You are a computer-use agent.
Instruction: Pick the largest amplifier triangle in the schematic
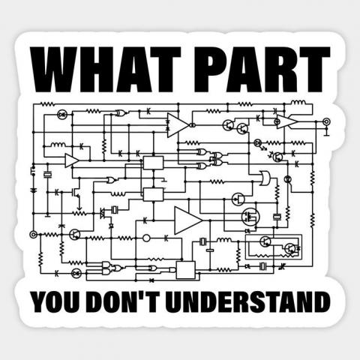188,220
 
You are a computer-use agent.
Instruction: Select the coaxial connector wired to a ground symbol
326,121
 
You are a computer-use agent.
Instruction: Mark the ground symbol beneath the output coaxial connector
326,134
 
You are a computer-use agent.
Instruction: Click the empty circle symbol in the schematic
146,238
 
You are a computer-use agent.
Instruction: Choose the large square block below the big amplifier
186,270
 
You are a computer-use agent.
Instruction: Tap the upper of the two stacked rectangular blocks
153,163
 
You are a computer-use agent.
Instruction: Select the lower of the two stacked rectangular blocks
153,194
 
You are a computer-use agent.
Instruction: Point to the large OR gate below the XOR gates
265,178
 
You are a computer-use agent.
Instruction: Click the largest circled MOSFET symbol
250,217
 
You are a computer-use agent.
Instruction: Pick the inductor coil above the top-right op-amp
298,103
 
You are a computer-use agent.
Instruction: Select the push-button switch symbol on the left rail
33,169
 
